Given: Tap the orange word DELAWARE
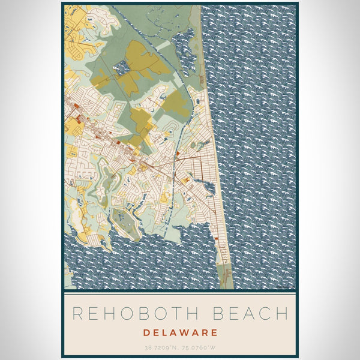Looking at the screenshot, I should [180, 332].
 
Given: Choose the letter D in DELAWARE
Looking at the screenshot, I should [147, 332].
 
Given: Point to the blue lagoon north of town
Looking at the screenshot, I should [183, 45].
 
